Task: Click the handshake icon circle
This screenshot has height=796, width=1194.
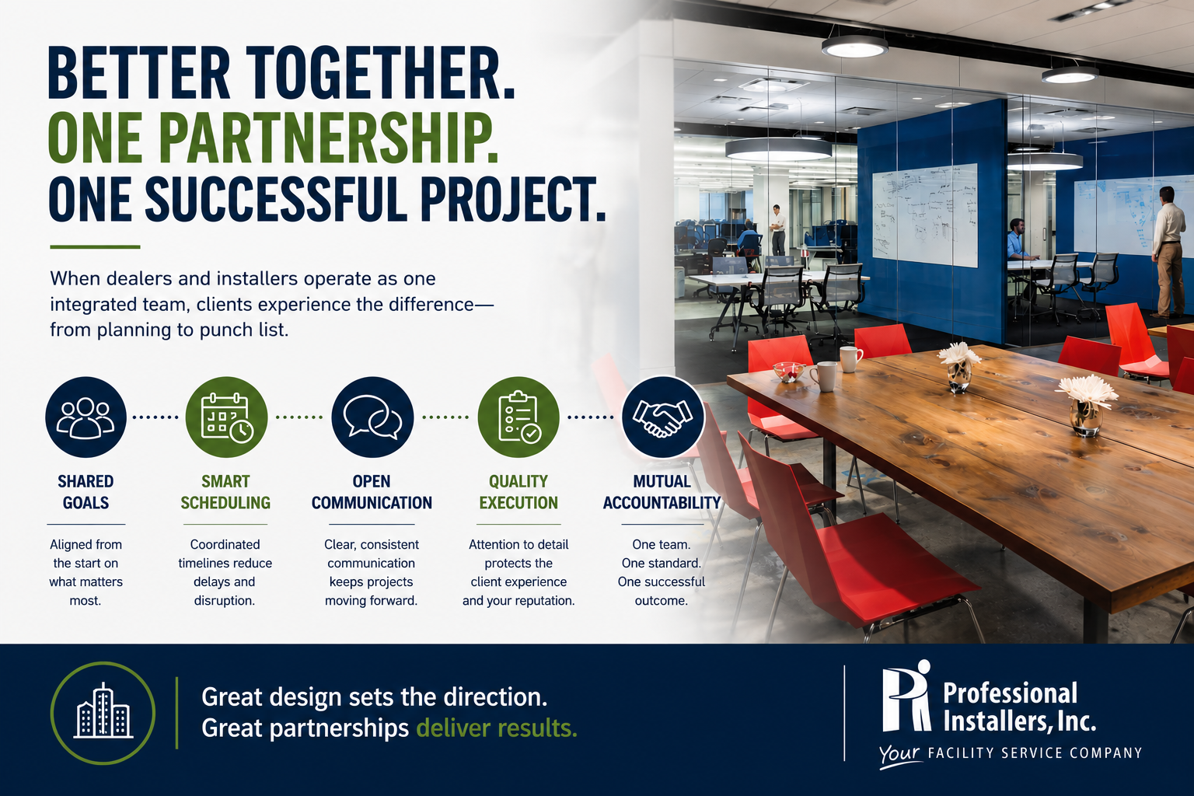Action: [662, 417]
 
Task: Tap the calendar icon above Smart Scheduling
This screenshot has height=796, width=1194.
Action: [226, 417]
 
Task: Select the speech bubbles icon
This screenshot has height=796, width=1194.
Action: [372, 417]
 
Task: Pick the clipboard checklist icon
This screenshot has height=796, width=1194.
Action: [518, 417]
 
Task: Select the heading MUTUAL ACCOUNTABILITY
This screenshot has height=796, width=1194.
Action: [662, 492]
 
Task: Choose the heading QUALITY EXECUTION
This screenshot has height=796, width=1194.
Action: [518, 492]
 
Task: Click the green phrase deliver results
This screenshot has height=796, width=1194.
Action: [496, 728]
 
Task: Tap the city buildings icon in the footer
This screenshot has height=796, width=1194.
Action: [103, 713]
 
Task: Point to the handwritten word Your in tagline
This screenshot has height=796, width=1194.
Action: [899, 755]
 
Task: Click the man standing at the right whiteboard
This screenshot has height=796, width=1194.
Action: [1168, 250]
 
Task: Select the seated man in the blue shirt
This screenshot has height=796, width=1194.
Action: [1018, 240]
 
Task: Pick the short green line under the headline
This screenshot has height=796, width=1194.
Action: [95, 247]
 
